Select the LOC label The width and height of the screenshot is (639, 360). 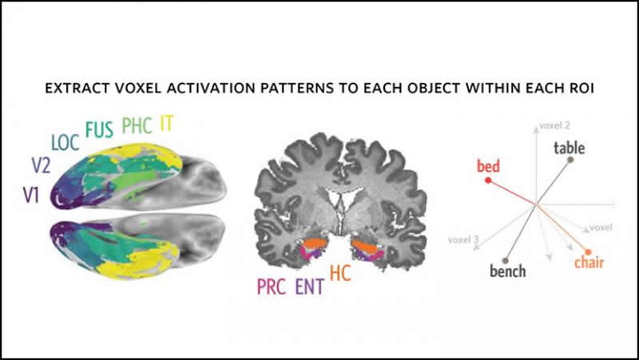(x=66, y=143)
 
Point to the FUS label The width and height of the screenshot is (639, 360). (x=100, y=129)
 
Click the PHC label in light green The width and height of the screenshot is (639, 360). (x=137, y=125)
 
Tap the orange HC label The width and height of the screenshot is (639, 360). (x=340, y=274)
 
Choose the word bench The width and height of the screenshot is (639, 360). (x=508, y=271)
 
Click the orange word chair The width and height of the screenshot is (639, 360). (x=589, y=263)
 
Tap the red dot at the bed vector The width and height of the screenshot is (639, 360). (x=488, y=180)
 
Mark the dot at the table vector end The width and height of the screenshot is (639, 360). (x=571, y=160)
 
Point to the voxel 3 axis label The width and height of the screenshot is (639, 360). (x=464, y=238)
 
